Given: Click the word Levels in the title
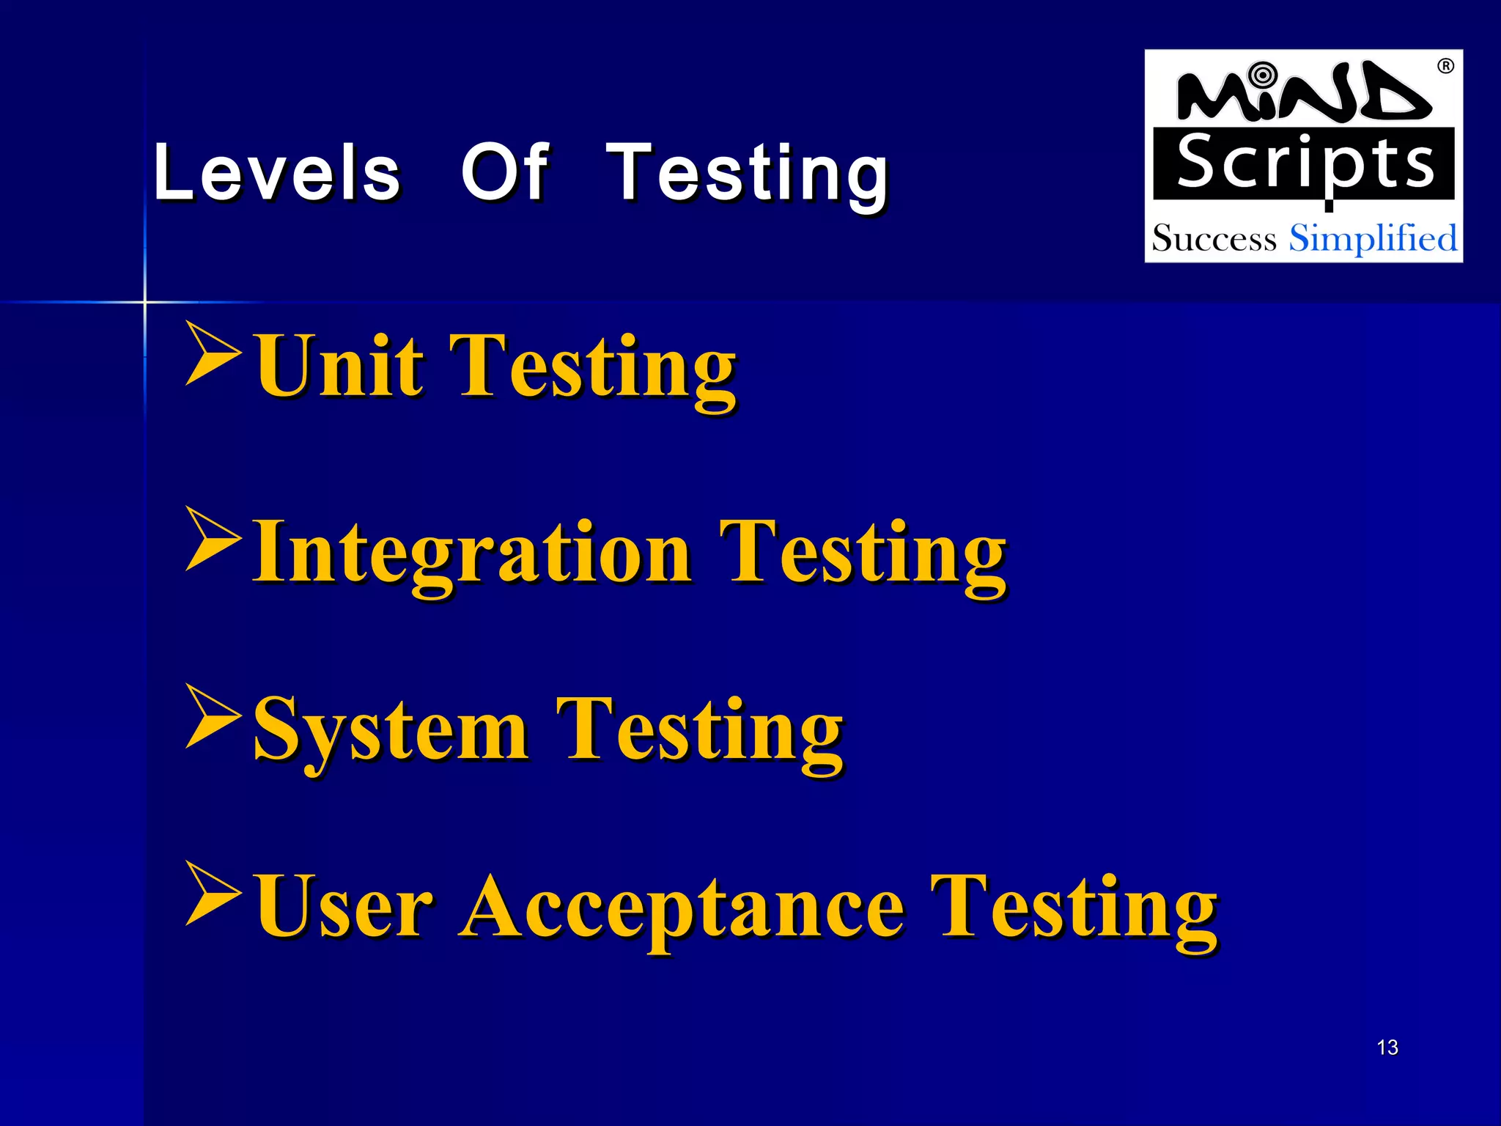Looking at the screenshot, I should coord(277,172).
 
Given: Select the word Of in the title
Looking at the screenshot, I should coord(505,172).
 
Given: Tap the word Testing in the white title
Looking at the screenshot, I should coord(748,174).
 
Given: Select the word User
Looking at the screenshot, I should coord(339,907).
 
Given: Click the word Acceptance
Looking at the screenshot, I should coord(682,909).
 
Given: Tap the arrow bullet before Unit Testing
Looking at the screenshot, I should coord(212,353).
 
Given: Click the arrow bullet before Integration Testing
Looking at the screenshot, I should coord(212,539).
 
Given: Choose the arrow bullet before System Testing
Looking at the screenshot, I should coord(212,716).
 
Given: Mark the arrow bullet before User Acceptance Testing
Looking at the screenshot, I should coord(212,894).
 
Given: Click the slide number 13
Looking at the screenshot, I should coord(1387,1048).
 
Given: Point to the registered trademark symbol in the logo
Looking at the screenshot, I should coord(1445,67).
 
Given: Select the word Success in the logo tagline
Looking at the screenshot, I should coord(1214,239).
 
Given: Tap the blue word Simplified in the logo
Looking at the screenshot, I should coord(1373,238).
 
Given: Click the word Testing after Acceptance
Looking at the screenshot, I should coord(1074,909).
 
